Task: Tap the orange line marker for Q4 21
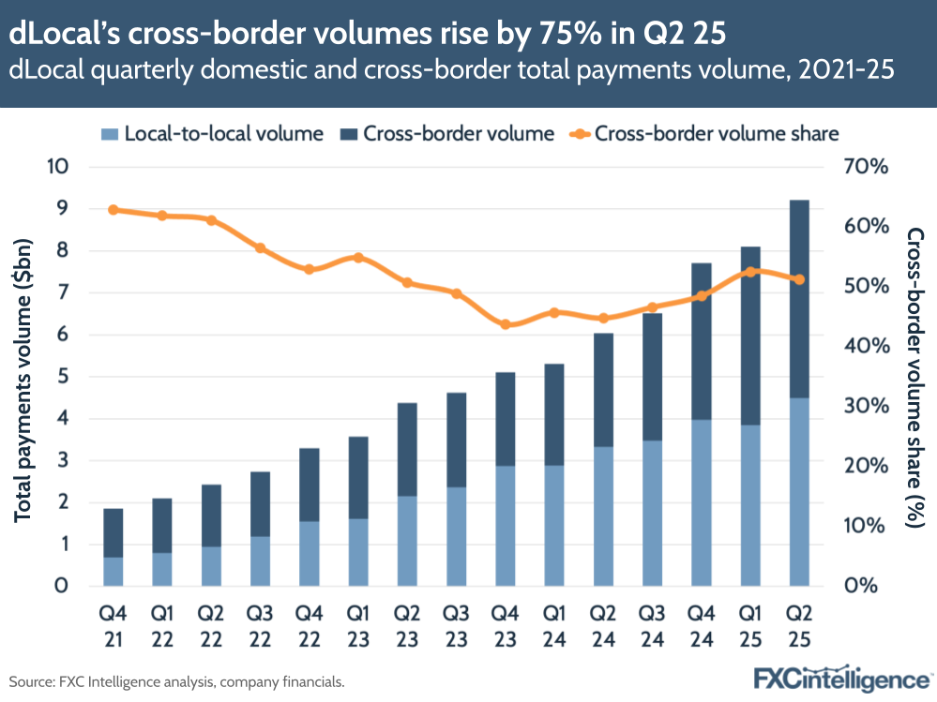click(113, 210)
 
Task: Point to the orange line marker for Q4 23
click(505, 324)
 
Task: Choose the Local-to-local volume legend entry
click(212, 133)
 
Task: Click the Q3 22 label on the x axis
click(260, 625)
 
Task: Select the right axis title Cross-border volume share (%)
click(914, 377)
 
